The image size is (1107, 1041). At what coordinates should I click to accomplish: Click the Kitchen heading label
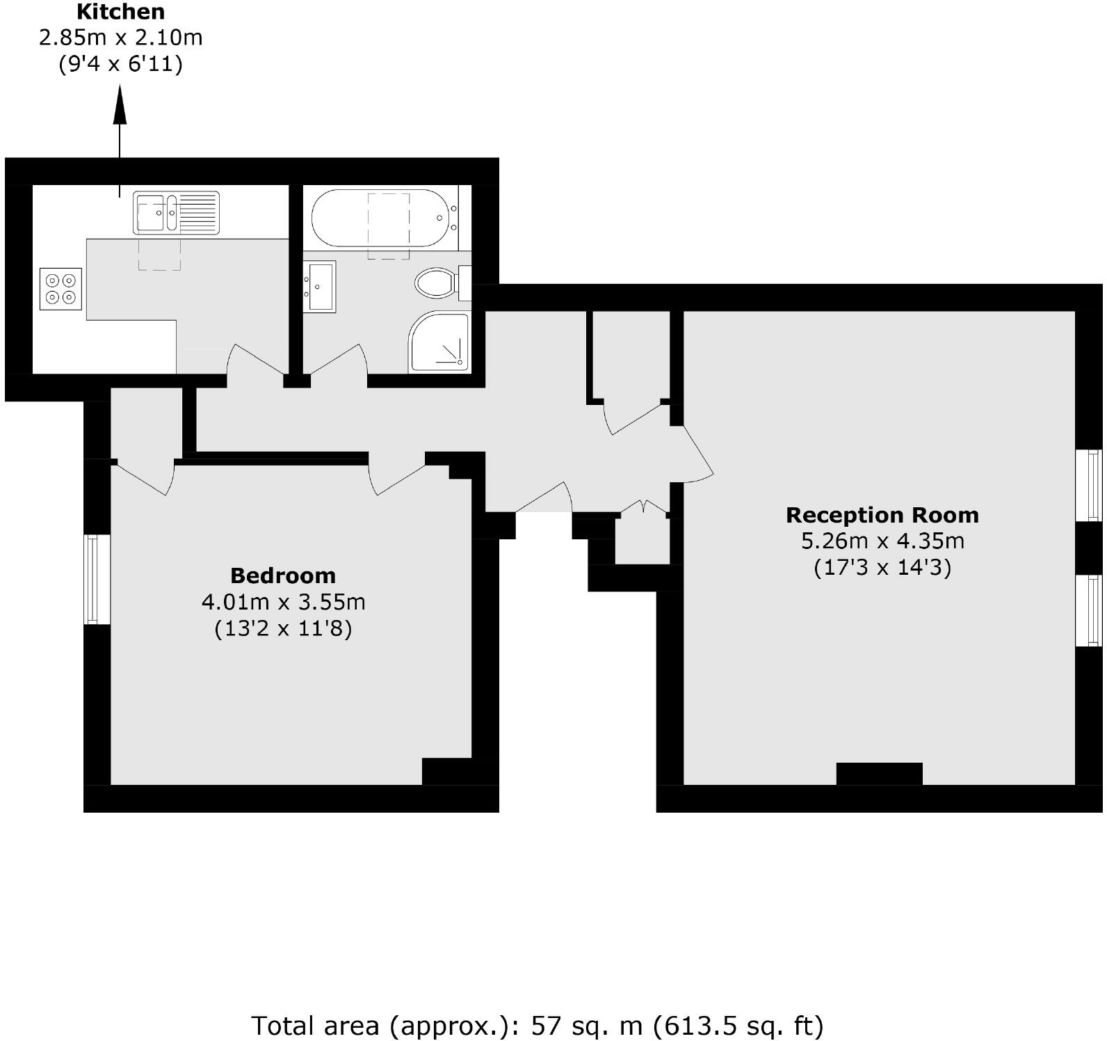click(x=120, y=12)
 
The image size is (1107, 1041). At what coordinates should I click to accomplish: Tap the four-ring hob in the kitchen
click(x=60, y=289)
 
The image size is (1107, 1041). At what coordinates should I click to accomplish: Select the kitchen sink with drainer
click(x=176, y=212)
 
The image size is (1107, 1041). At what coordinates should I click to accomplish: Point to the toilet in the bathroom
click(x=437, y=283)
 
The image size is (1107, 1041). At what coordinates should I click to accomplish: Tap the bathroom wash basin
click(x=320, y=286)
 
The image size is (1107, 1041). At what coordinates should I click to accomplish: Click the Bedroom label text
click(x=282, y=575)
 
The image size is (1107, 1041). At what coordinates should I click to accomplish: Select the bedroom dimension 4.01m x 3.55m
click(x=282, y=601)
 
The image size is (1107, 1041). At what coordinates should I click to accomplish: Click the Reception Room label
click(x=882, y=515)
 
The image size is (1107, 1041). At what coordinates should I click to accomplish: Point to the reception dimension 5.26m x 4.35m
click(x=882, y=541)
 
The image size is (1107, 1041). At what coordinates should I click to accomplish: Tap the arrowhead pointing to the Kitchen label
click(x=120, y=105)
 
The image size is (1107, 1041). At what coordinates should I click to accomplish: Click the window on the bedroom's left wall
click(x=97, y=579)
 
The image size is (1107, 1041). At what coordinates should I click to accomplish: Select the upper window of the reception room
click(x=1089, y=485)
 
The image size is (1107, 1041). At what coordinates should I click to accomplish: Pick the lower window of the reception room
click(x=1089, y=610)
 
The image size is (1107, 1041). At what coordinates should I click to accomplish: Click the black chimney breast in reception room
click(x=879, y=773)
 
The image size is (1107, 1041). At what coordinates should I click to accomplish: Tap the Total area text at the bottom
click(x=537, y=1026)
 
